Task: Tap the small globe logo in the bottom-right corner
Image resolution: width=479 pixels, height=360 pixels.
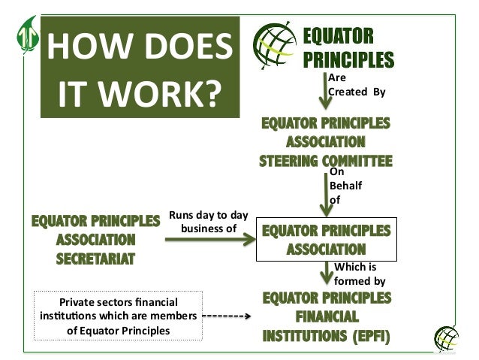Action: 447,337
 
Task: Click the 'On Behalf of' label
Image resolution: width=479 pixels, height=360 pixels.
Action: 345,186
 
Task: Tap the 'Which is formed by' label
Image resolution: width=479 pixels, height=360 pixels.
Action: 359,274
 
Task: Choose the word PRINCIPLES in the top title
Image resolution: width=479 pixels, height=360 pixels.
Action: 348,57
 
